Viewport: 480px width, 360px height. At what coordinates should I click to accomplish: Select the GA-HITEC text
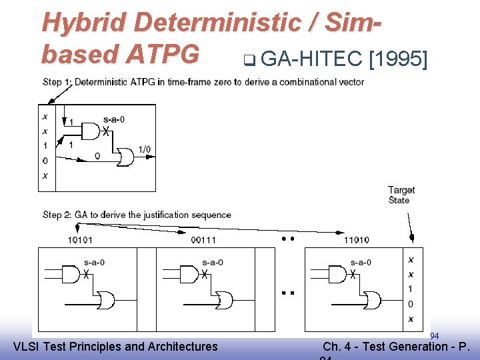[x=311, y=59]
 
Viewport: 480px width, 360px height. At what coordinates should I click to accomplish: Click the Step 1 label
[x=57, y=82]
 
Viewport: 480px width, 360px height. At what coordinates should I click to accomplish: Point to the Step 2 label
[x=57, y=215]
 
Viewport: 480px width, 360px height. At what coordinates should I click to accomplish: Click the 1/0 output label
[x=145, y=149]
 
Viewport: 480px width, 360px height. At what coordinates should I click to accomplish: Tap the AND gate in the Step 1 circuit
[x=89, y=132]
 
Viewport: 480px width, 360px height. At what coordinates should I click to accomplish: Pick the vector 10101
[x=81, y=239]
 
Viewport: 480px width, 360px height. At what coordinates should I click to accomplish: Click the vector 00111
[x=203, y=239]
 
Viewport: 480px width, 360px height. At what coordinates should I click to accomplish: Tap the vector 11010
[x=357, y=239]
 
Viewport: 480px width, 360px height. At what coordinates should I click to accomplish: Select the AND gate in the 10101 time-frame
[x=71, y=273]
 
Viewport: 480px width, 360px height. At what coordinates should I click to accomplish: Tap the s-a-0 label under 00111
[x=213, y=262]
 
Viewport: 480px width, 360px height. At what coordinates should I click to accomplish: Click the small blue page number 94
[x=434, y=335]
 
